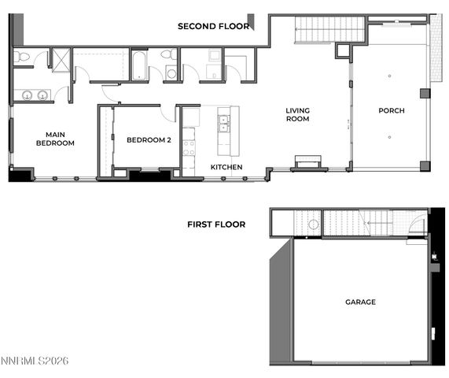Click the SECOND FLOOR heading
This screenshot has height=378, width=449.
click(x=213, y=26)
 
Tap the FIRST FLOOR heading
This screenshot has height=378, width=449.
click(x=216, y=224)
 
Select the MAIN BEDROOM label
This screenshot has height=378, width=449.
click(x=55, y=139)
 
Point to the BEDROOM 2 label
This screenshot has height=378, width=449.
click(x=149, y=139)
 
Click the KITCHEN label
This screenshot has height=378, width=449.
click(x=226, y=167)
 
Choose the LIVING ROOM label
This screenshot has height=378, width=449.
click(x=297, y=115)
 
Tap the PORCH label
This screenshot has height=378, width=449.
click(x=391, y=111)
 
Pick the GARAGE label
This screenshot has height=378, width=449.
click(x=360, y=302)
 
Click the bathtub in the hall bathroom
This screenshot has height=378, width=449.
click(x=140, y=65)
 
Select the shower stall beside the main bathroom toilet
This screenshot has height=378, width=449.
click(x=61, y=60)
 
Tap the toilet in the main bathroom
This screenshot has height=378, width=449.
click(x=22, y=57)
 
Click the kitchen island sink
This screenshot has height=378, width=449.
click(x=225, y=124)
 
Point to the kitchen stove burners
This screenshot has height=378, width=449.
click(x=189, y=146)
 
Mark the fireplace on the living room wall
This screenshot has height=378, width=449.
click(x=310, y=163)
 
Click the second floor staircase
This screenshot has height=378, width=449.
click(x=329, y=30)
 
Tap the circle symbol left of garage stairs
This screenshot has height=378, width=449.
click(x=314, y=224)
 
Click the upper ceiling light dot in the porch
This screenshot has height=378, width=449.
click(x=389, y=76)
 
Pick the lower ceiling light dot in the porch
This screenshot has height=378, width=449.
click(x=389, y=136)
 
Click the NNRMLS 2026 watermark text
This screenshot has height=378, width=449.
click(x=35, y=361)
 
